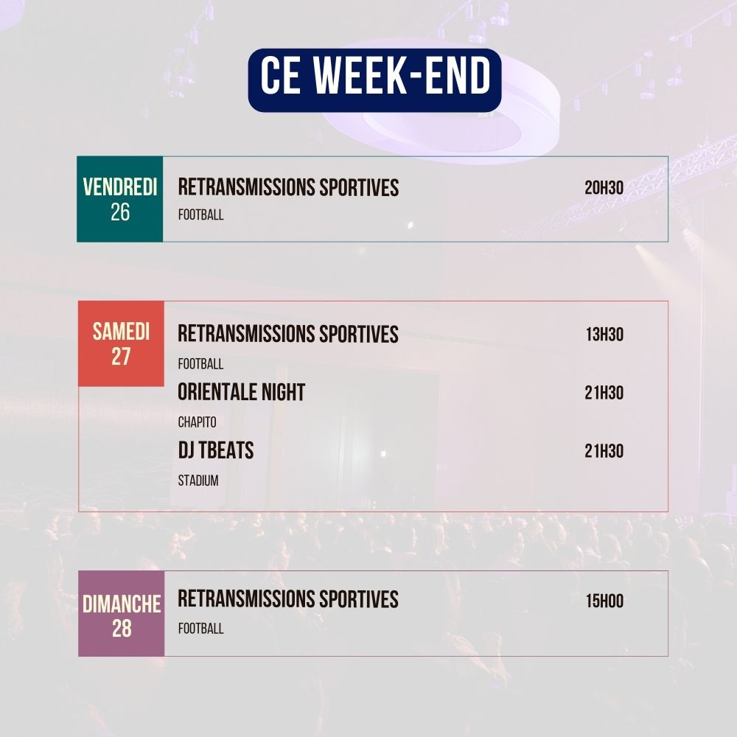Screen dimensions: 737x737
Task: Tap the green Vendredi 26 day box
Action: [x=120, y=199]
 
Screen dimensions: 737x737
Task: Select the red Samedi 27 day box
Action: [x=121, y=343]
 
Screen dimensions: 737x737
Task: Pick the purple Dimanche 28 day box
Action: [x=122, y=614]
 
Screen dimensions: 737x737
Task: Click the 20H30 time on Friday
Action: [x=604, y=188]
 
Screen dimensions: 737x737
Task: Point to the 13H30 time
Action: [x=604, y=335]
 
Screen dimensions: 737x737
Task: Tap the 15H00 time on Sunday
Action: [x=604, y=601]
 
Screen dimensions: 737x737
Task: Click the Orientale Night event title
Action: [x=241, y=393]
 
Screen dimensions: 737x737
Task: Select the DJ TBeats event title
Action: [x=215, y=451]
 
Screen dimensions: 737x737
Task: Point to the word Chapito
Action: [x=197, y=422]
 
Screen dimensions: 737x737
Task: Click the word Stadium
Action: [x=198, y=481]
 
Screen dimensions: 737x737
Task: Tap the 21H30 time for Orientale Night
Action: [x=604, y=393]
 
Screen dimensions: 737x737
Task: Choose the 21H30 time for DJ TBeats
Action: [x=604, y=451]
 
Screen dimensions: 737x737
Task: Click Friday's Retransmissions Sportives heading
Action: [x=288, y=188]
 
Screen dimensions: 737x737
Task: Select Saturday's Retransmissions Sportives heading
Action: [x=288, y=335]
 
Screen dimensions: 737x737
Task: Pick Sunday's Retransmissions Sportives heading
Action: [x=288, y=599]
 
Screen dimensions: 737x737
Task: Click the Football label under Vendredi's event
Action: [x=200, y=215]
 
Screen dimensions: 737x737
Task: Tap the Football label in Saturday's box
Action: [x=200, y=363]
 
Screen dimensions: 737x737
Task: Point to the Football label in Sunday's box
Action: [x=200, y=629]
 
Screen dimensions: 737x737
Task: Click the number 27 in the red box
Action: [x=121, y=357]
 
